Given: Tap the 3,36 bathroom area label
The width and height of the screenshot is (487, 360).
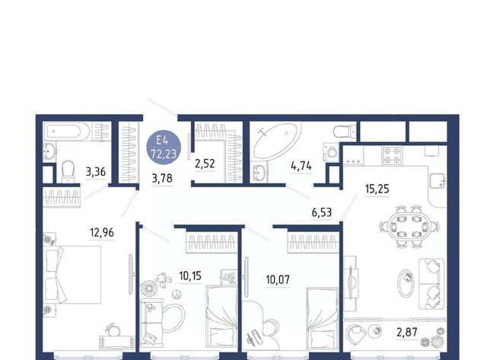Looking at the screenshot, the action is [x=96, y=171].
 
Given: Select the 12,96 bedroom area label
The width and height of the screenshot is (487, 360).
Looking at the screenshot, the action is [x=102, y=232].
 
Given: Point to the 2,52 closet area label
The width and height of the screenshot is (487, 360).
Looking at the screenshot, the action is [x=205, y=164].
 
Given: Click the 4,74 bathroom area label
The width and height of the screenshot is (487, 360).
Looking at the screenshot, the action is [x=301, y=166].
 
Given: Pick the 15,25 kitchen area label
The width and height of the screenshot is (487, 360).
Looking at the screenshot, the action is [x=377, y=189].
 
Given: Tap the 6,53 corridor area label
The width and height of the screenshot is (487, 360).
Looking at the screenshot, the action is [x=322, y=212].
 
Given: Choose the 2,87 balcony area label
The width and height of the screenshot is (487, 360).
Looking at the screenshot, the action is [x=407, y=333].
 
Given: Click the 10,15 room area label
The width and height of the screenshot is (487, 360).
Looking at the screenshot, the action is [x=190, y=276].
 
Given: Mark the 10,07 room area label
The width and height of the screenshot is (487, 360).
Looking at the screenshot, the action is [x=278, y=279].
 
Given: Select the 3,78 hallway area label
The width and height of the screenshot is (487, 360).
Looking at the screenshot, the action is [x=162, y=179].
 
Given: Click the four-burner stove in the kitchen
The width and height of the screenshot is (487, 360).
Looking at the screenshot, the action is [x=392, y=155].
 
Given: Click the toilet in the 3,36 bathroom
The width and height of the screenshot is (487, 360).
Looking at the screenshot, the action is [x=68, y=171].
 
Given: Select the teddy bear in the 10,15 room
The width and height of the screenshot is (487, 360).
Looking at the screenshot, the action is [x=163, y=280].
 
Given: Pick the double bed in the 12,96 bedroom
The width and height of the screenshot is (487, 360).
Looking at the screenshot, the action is [x=73, y=275].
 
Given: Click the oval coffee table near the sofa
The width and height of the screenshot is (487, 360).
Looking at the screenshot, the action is [x=406, y=283].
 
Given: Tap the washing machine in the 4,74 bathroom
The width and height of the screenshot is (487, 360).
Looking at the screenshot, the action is [x=331, y=152].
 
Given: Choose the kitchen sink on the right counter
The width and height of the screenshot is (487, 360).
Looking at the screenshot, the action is [x=438, y=180].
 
